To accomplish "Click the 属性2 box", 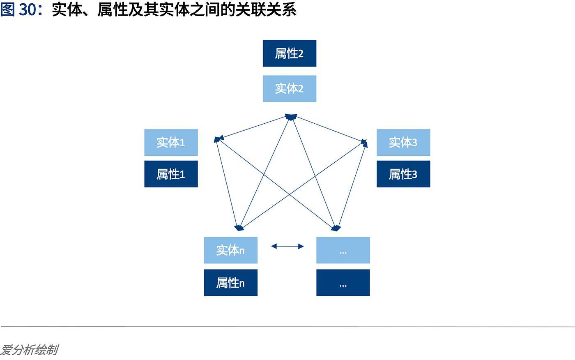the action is pos(289,53).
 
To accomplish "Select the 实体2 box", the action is pos(289,89).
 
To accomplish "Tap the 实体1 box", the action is pos(171,142).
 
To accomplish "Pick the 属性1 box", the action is pos(171,174).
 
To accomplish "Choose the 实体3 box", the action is pos(403,142).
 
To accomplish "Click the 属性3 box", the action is pos(403,174).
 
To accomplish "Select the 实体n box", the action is pos(230,250).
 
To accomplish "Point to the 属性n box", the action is pos(230,283).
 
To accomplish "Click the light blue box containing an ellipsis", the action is pos(343,250).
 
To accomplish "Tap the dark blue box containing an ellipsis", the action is pos(343,283).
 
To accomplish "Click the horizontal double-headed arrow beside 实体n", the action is pos(287,247).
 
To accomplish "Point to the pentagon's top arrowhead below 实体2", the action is pos(291,117).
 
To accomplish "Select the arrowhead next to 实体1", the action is pos(218,139).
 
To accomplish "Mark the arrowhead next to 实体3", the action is pos(364,143).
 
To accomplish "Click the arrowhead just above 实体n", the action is pos(239,228).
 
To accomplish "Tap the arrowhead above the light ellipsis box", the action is pos(336,228).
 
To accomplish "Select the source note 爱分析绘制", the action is pos(29,350).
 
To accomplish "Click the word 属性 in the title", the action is pos(113,10).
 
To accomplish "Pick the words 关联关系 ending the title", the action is pos(266,10).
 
